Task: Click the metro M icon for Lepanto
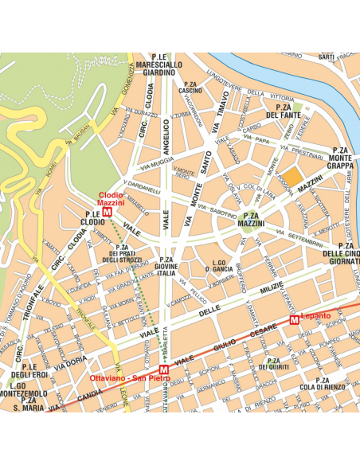pos(294,319)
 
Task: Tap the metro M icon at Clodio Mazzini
pos(107,213)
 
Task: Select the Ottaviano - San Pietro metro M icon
pos(164,370)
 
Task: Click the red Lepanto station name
pos(316,316)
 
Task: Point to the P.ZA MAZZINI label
pos(252,221)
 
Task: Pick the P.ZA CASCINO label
pos(190,87)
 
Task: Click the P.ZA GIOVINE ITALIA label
pos(166,267)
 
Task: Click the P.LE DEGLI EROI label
pos(30,370)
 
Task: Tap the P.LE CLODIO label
pos(92,218)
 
